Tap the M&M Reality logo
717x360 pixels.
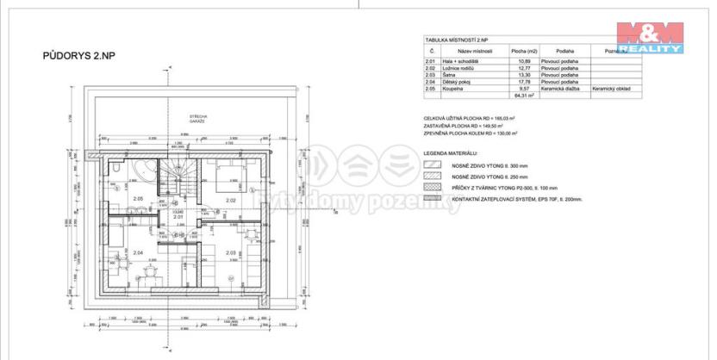pyautogui.click(x=651, y=36)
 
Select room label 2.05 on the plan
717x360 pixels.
pyautogui.click(x=138, y=200)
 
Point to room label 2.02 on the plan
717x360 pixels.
pyautogui.click(x=231, y=200)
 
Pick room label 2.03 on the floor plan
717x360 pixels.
pyautogui.click(x=231, y=252)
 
